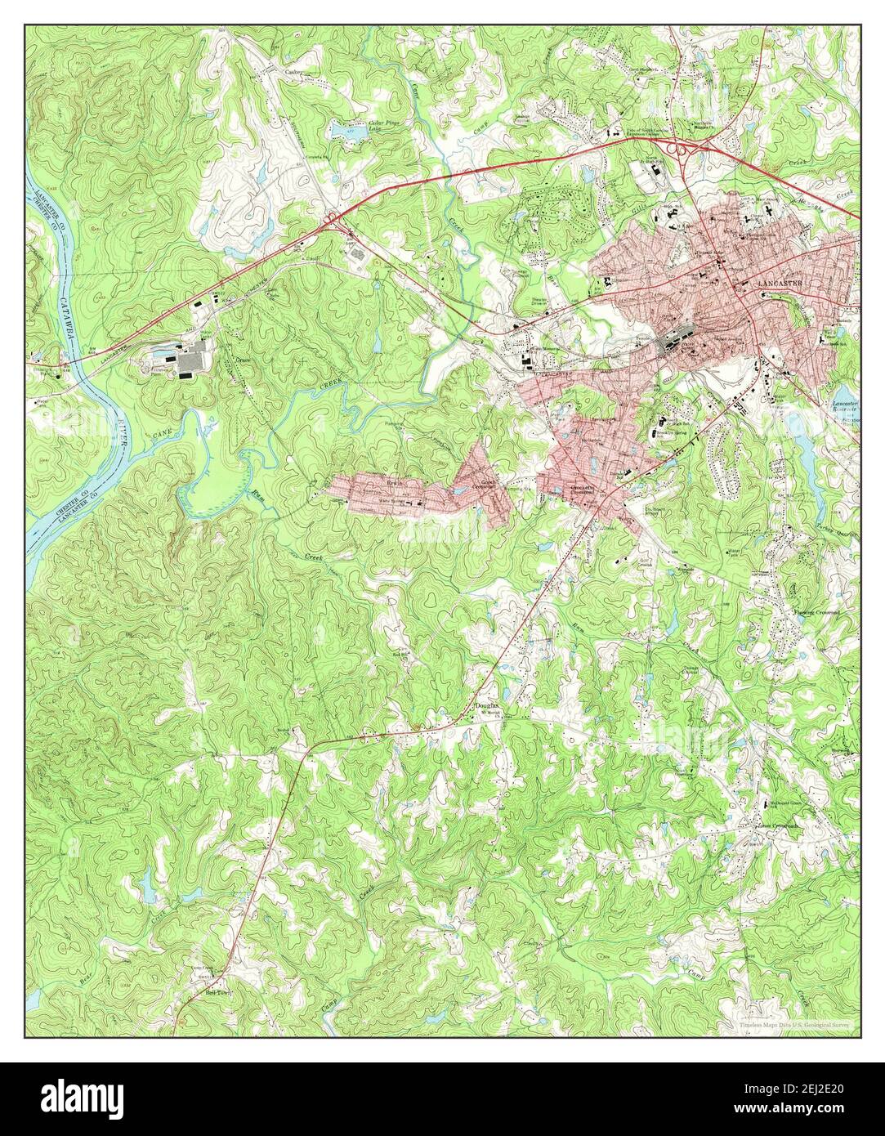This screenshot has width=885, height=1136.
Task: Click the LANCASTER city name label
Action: click(780, 282)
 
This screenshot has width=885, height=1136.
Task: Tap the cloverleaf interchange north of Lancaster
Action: click(677, 149)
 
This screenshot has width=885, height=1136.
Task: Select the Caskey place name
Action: click(293, 72)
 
